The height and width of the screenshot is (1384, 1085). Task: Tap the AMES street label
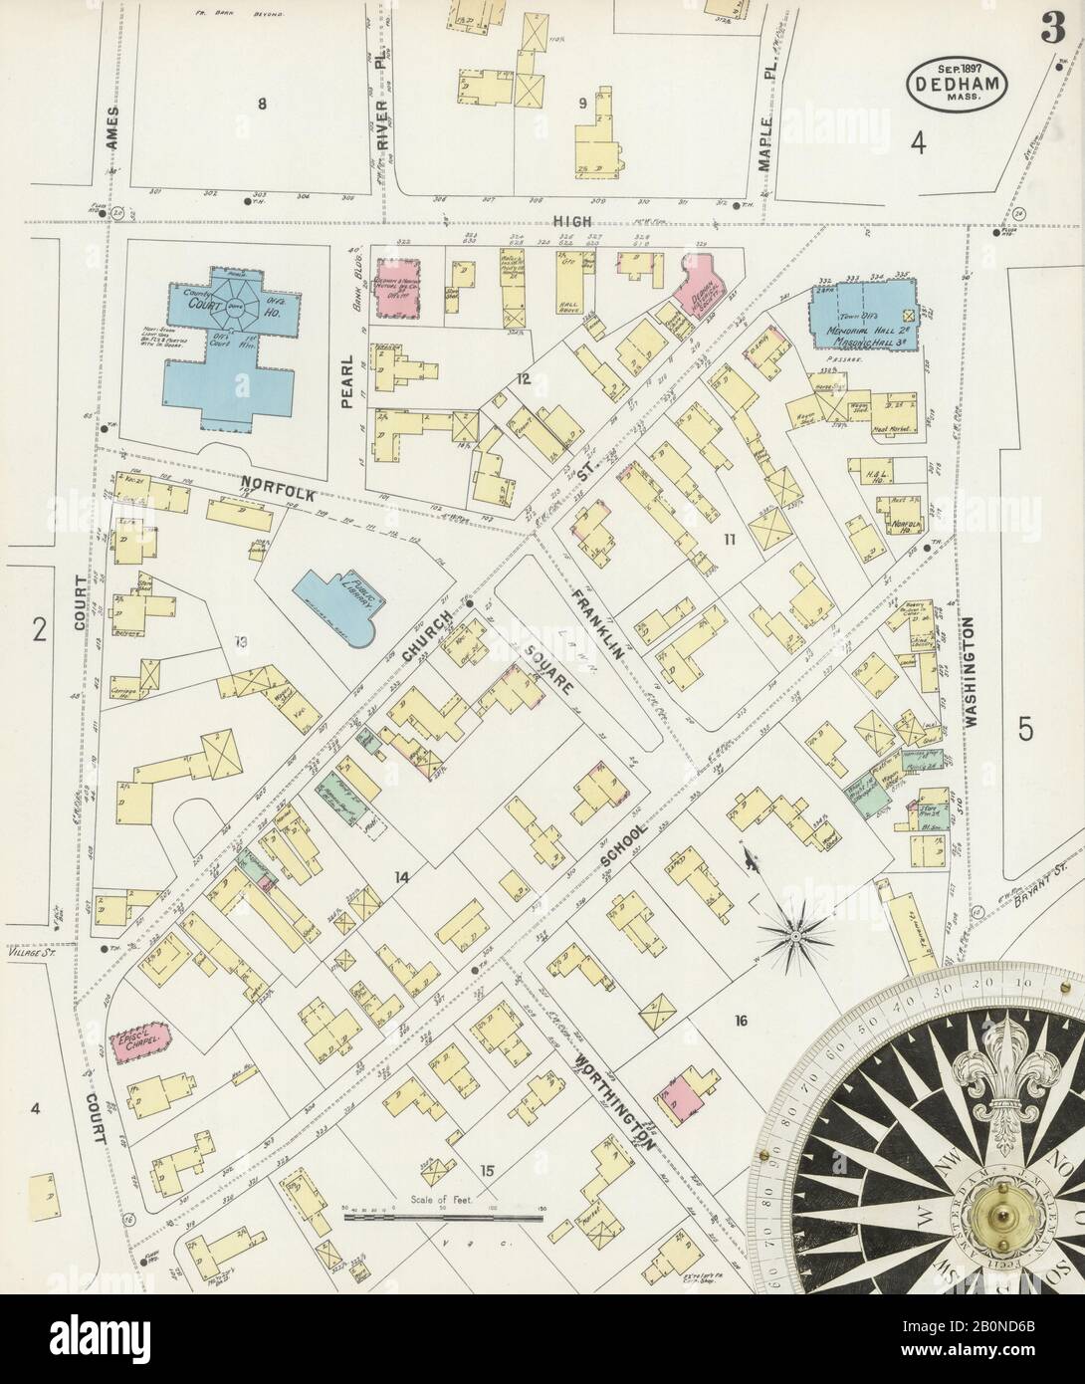coord(113,128)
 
